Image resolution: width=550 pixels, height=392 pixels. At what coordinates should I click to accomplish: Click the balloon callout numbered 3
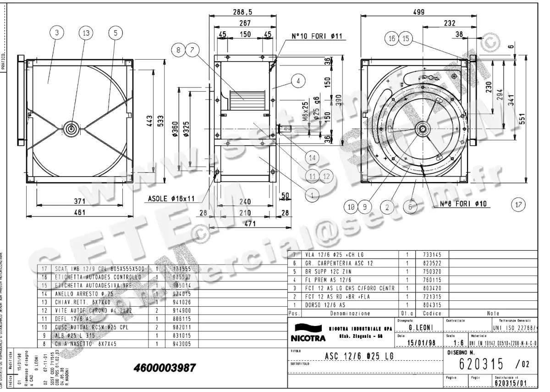[56, 33]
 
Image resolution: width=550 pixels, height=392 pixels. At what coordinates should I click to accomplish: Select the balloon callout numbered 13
[86, 33]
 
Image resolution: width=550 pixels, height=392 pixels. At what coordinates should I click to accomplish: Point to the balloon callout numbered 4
[298, 81]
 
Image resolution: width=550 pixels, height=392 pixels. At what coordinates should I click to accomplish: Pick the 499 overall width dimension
[418, 12]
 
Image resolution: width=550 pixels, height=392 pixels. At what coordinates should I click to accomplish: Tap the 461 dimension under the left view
[80, 213]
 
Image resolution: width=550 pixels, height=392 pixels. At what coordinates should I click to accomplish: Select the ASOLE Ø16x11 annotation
[171, 199]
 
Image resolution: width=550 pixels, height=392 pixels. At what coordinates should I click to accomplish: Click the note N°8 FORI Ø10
[463, 204]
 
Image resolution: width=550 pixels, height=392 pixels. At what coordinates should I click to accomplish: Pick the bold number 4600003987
[165, 368]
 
